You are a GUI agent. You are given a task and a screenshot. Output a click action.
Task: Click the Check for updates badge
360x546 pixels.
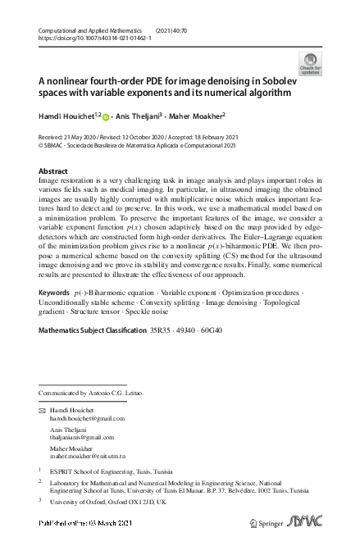311,63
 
